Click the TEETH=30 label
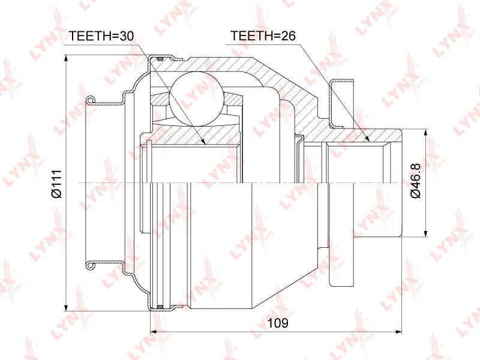coord(101,36)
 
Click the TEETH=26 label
coord(263,36)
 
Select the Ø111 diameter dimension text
coord(57,183)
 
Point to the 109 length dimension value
coord(278,323)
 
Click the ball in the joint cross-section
coord(196,98)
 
